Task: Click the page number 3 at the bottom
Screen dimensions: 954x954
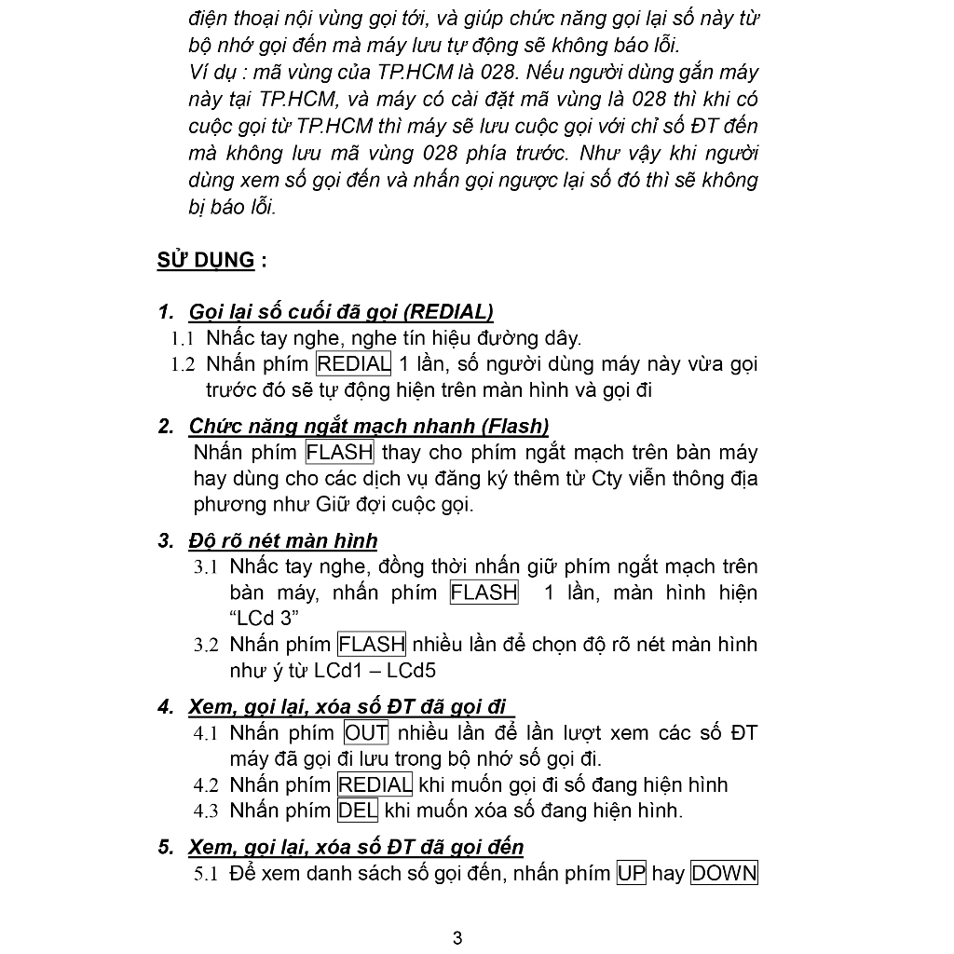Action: point(457,938)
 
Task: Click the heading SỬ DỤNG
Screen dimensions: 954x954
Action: point(206,260)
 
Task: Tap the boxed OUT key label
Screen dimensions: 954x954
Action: point(366,733)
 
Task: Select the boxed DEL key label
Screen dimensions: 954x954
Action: point(358,811)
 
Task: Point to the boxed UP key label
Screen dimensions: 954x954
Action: point(631,874)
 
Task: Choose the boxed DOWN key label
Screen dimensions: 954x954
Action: point(724,874)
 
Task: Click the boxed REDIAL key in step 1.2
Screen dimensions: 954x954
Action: point(354,363)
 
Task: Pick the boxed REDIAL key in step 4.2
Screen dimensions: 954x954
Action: point(375,784)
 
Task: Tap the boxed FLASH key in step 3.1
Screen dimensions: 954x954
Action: point(484,593)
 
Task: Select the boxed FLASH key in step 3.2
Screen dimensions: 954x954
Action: point(372,644)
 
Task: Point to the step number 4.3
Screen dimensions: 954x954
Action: point(206,811)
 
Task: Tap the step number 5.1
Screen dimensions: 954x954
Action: point(206,875)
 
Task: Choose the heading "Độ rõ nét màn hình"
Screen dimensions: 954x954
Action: point(283,541)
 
